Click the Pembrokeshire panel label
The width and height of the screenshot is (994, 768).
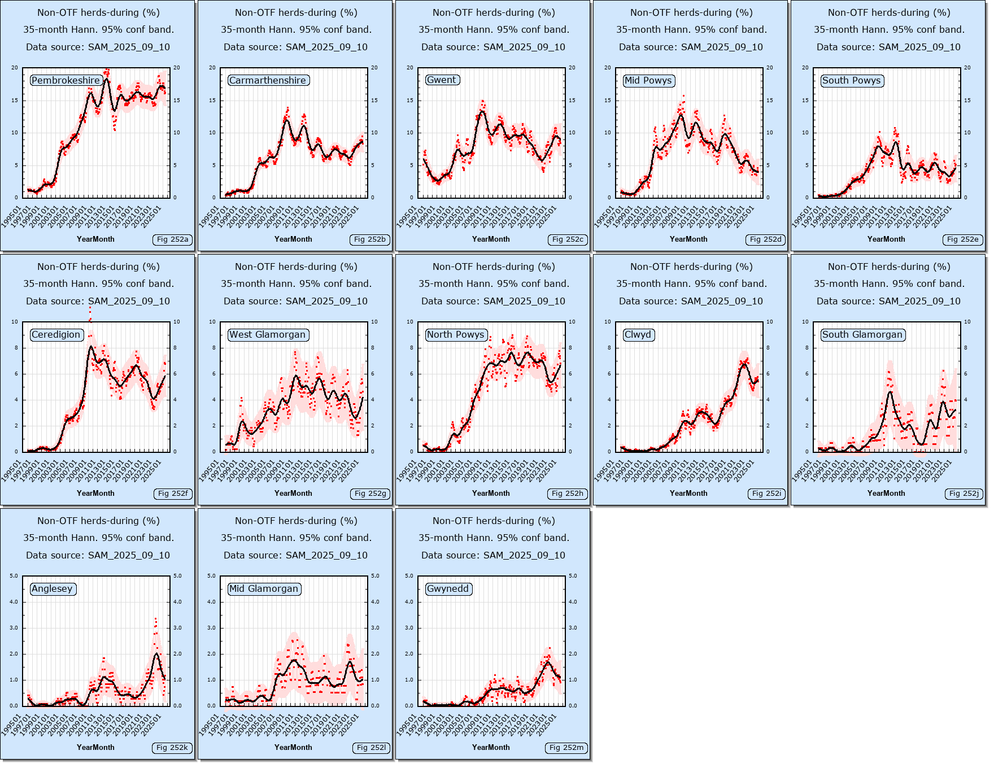(x=66, y=81)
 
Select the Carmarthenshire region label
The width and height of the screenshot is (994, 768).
(x=268, y=81)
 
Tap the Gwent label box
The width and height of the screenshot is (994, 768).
(x=442, y=80)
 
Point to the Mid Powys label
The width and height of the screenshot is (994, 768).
(x=648, y=81)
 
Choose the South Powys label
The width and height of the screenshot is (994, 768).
(x=852, y=81)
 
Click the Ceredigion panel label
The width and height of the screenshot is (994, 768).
(x=56, y=335)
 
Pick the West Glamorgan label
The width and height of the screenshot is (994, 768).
(x=268, y=335)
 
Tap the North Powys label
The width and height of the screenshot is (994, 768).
(x=456, y=335)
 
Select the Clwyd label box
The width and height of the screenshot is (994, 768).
(x=638, y=335)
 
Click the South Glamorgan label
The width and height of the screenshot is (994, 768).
(x=862, y=335)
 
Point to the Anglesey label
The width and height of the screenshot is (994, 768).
(x=53, y=589)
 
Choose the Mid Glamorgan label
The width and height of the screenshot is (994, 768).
(x=264, y=589)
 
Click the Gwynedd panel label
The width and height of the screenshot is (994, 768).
(x=448, y=589)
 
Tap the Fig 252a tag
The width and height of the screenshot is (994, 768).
(x=172, y=239)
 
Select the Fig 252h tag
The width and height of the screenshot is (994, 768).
(x=568, y=494)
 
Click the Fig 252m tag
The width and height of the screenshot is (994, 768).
(x=566, y=748)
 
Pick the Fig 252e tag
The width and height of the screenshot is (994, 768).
(x=963, y=239)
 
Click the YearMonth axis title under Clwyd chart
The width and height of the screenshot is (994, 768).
(x=688, y=494)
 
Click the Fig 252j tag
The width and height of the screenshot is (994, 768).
(x=964, y=494)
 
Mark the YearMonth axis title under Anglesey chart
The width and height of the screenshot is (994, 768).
(x=95, y=748)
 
